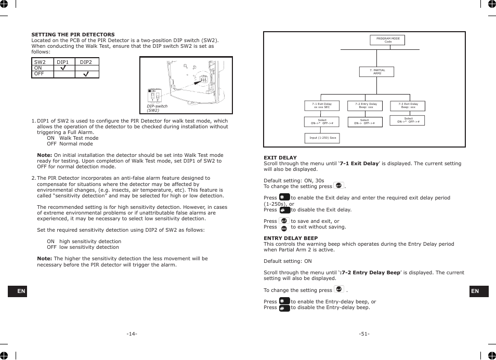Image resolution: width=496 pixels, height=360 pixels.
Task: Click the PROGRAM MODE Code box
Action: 388,41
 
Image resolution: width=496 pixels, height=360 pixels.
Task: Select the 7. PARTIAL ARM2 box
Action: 377,72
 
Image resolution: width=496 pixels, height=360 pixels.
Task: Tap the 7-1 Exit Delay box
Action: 322,105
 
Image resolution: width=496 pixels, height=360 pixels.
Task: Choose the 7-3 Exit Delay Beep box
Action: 408,105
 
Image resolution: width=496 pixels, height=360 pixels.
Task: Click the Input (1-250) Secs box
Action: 322,138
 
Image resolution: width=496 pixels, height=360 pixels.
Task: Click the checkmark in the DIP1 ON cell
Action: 63,68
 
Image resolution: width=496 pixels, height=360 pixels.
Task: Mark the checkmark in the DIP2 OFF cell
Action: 86,74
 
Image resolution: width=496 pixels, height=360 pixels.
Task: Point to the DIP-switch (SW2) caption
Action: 156,108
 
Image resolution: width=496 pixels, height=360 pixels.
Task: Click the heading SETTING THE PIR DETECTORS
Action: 73,35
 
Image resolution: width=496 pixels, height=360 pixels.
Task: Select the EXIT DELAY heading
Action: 280,158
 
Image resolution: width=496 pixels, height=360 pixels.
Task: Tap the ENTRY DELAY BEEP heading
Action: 291,238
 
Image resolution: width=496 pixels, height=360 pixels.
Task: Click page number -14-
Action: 132,334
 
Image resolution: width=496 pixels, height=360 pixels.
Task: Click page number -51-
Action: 364,334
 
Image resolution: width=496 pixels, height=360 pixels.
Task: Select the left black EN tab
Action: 21,291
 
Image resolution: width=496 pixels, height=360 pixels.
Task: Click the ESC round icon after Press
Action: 284,228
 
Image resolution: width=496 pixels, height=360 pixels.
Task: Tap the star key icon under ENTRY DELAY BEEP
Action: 284,301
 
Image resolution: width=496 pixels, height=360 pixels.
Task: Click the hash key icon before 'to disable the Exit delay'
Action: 284,210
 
